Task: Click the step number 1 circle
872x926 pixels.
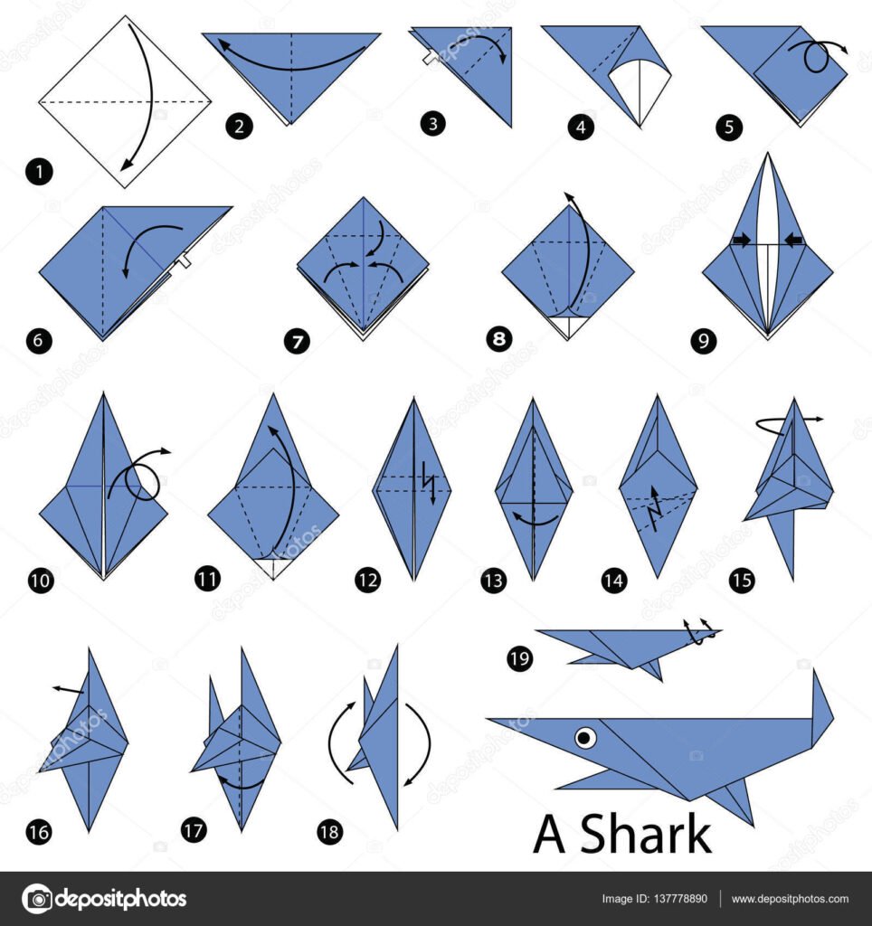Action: coord(39,172)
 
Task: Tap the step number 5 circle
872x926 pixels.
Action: coord(728,127)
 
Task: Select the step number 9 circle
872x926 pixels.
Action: coord(703,341)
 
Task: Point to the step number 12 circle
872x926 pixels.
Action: coord(367,580)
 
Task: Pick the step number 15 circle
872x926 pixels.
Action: coord(742,580)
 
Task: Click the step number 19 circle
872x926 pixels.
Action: coord(520,658)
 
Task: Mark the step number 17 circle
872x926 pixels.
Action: coord(194,831)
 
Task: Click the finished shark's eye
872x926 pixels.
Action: coord(585,736)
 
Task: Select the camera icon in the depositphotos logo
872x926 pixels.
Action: coord(37,899)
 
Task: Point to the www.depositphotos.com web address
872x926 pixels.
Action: coord(790,899)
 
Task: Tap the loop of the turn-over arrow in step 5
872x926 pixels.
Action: coord(817,58)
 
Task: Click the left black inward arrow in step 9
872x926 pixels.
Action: coord(741,239)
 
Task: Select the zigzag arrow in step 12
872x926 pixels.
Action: coord(429,483)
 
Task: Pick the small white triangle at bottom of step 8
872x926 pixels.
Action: coord(568,326)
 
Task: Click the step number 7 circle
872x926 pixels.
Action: coord(297,341)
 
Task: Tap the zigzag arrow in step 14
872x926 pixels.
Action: coord(654,508)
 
